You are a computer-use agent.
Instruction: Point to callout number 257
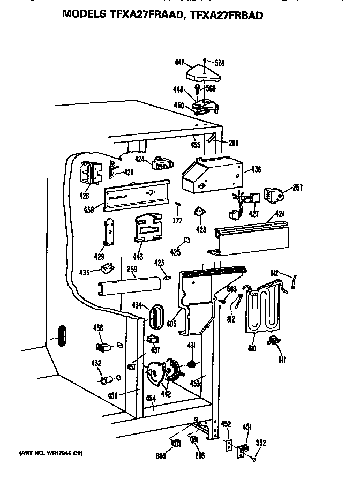pos(298,188)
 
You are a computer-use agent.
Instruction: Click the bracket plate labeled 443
pos(148,227)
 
